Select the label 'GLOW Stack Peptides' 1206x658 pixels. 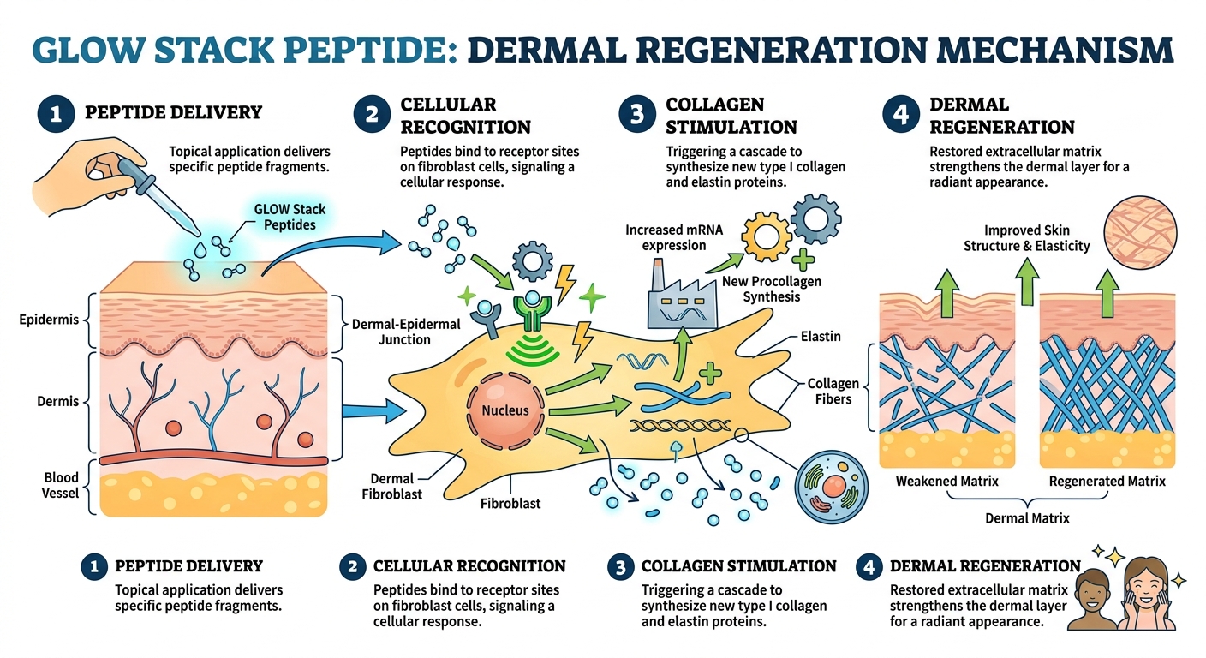click(290, 216)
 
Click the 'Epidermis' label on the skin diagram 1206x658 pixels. click(49, 320)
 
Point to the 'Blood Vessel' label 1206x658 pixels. click(61, 485)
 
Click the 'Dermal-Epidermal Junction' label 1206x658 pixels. click(406, 332)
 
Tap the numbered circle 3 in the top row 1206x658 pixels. click(636, 116)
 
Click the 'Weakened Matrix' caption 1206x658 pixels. click(946, 481)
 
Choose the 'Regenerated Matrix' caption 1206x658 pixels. click(1107, 481)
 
